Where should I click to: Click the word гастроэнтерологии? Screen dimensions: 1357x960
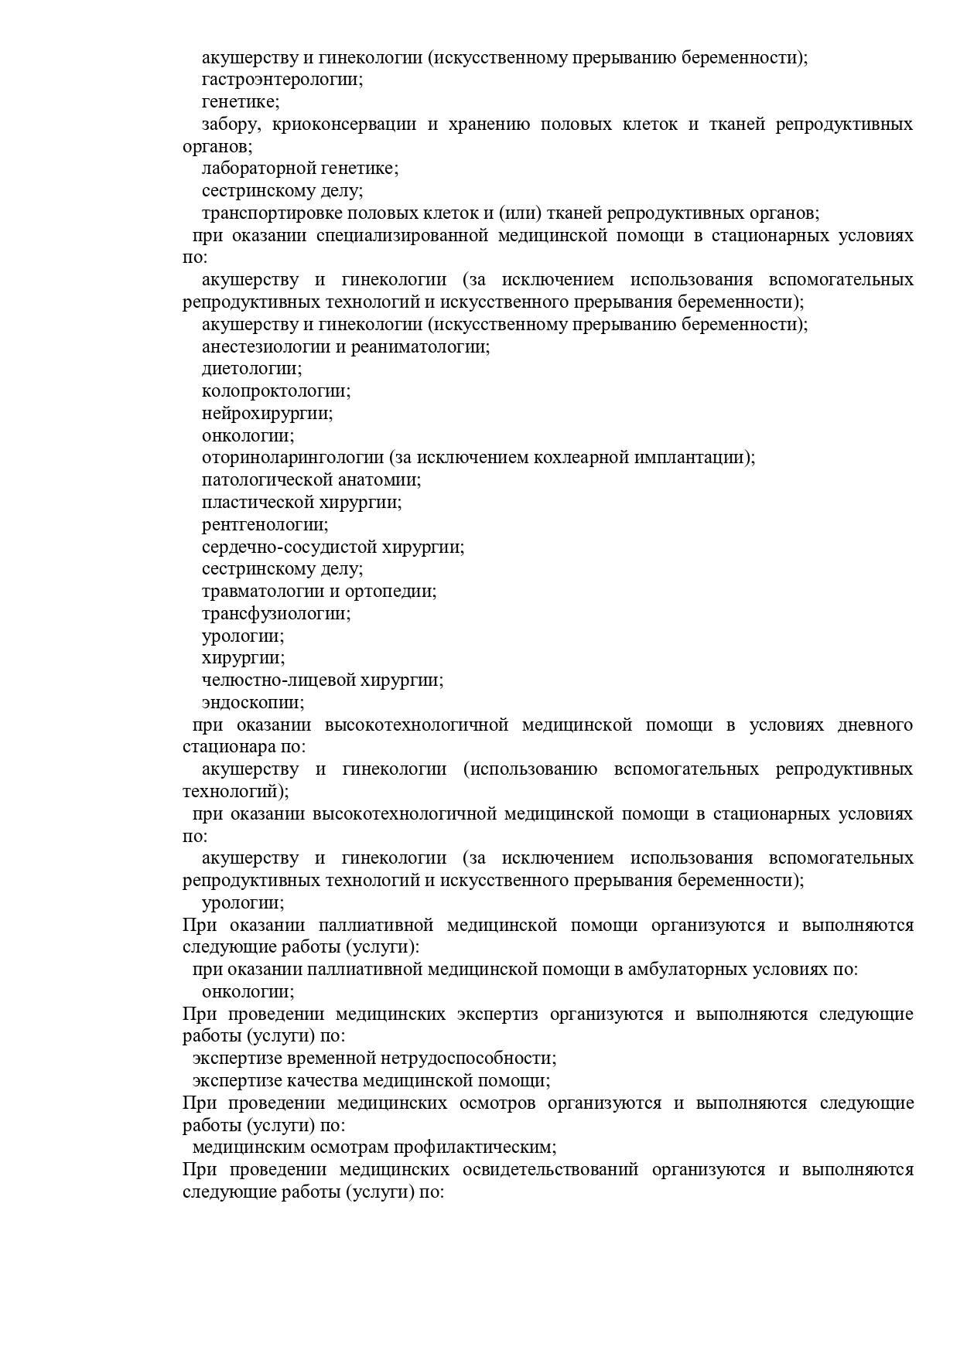(282, 80)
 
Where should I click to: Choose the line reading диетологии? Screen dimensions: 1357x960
(251, 369)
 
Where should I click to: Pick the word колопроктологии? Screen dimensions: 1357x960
(275, 391)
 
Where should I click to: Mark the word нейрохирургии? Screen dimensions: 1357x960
(267, 414)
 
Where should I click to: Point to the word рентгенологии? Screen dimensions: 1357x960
(265, 525)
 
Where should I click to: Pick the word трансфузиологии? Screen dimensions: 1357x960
(276, 614)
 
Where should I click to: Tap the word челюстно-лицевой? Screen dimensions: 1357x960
(280, 680)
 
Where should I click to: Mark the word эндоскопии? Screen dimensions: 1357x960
(252, 703)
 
